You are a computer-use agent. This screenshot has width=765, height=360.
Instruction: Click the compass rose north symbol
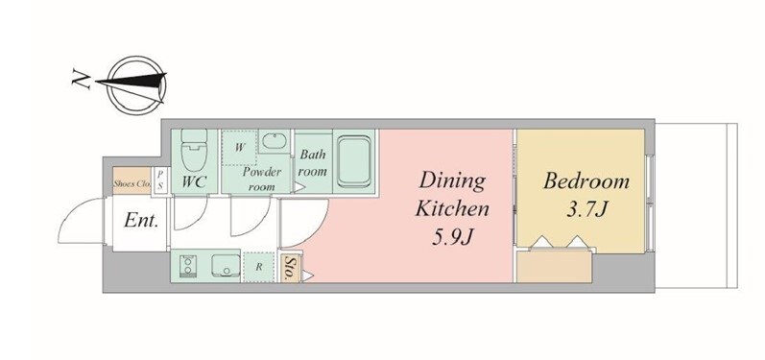click(136, 84)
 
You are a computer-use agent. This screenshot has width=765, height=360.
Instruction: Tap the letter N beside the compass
click(81, 79)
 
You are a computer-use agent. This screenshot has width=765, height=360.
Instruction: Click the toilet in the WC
click(194, 150)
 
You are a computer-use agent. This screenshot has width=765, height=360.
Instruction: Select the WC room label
click(194, 182)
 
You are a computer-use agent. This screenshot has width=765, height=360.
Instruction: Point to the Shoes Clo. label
click(131, 184)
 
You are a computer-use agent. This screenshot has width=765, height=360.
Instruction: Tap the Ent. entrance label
click(141, 221)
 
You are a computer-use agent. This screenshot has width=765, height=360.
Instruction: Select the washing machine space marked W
click(239, 147)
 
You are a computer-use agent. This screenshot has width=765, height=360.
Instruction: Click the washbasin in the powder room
click(275, 142)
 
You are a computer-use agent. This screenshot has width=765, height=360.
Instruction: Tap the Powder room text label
click(262, 179)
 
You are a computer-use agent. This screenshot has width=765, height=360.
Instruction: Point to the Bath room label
click(313, 163)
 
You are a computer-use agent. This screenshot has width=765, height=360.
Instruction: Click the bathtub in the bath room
click(354, 161)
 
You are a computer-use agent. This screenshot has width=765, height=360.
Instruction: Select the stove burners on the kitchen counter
click(186, 266)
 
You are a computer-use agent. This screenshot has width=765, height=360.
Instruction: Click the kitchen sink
click(225, 266)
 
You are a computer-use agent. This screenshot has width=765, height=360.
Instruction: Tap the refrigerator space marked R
click(259, 267)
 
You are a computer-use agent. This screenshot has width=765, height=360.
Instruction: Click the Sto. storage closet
click(291, 268)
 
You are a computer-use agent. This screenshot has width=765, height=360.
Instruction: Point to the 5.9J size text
click(453, 237)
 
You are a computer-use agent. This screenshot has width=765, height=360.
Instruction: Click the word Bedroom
click(586, 182)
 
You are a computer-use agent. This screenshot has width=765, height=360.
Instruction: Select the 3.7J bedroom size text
click(586, 209)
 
